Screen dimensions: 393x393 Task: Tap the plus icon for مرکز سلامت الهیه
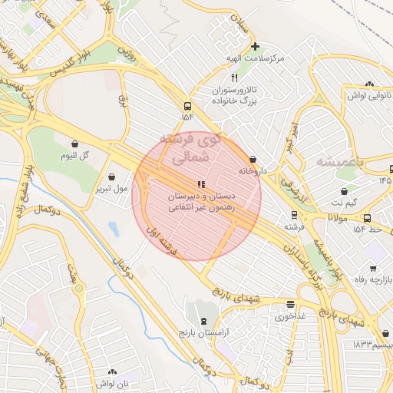point(255,46)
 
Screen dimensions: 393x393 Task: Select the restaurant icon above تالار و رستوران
point(235,78)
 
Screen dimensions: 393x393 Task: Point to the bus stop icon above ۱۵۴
point(187,106)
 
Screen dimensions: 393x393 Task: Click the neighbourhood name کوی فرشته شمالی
point(189,150)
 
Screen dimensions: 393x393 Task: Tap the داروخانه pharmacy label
point(253,171)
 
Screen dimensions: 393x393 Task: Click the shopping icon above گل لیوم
point(75,144)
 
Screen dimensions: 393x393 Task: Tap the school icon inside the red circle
point(201,184)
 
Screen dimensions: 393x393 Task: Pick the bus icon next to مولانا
point(367,218)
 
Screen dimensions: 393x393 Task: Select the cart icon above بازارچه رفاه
point(372,269)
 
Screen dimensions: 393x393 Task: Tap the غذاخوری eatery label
point(290,315)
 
